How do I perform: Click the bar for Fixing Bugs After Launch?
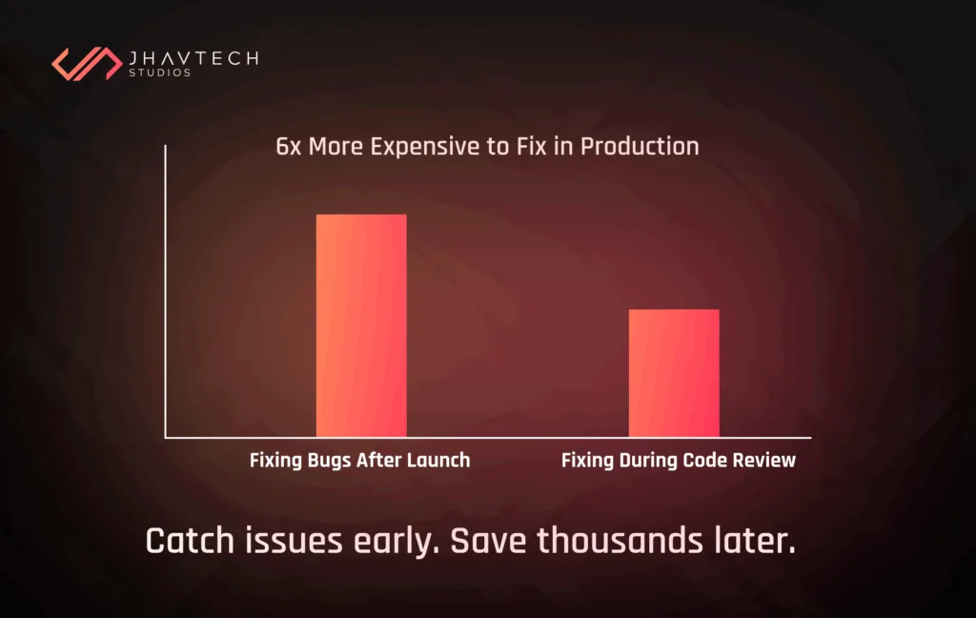click(361, 325)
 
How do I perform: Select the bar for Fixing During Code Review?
click(674, 373)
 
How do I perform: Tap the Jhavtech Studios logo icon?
click(85, 63)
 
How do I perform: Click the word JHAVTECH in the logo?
click(193, 58)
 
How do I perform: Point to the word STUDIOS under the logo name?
click(159, 73)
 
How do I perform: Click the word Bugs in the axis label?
click(328, 461)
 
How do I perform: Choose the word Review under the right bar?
click(763, 461)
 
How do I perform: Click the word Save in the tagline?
click(489, 542)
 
